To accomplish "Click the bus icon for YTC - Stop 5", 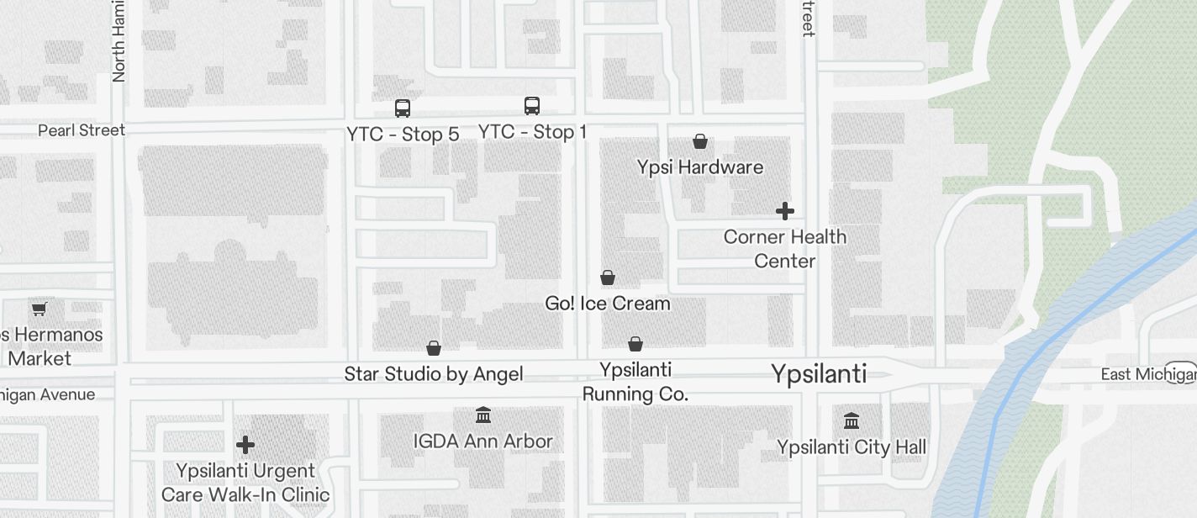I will click(x=403, y=108).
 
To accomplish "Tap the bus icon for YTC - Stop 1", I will click(x=532, y=106).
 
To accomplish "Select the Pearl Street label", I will click(x=82, y=130).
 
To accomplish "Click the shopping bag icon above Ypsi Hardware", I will click(x=700, y=141).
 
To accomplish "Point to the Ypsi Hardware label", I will click(x=700, y=167).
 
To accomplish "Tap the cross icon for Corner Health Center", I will click(x=785, y=211).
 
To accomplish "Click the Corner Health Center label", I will click(x=785, y=249).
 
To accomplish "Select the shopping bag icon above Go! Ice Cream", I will click(x=608, y=277).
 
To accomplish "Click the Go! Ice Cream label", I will click(x=608, y=304).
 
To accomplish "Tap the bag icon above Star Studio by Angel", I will click(x=434, y=348).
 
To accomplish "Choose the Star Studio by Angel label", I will click(x=434, y=374).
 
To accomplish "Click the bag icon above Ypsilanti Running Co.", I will click(x=635, y=344).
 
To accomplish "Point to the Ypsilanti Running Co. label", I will click(x=635, y=382).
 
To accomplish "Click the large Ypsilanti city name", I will click(x=819, y=374).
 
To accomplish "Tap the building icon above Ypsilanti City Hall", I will click(x=852, y=420).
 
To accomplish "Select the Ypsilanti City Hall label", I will click(x=852, y=447).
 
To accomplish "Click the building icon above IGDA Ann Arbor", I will click(x=483, y=415).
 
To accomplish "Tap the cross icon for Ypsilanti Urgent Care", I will click(x=245, y=444).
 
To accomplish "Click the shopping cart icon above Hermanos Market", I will click(x=39, y=309).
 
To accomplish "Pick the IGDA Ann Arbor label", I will click(x=483, y=441).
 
